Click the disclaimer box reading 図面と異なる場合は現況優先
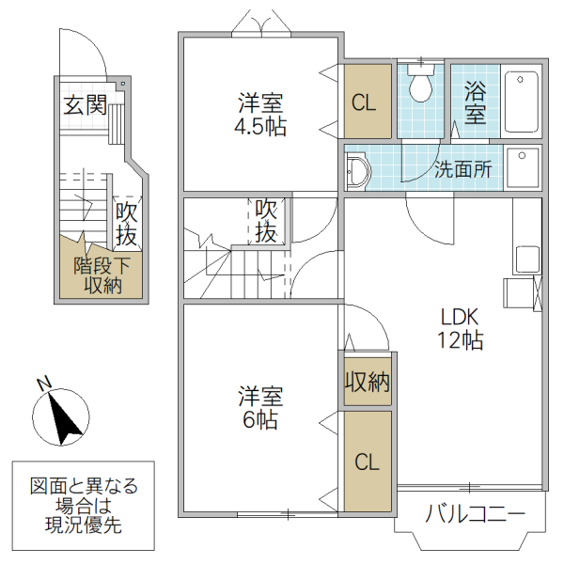[84, 506]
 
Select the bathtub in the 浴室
[521, 102]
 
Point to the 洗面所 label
[462, 171]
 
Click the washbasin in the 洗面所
[358, 172]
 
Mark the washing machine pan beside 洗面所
[523, 169]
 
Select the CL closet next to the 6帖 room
[367, 462]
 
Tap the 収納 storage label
[367, 383]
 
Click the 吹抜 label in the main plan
[267, 219]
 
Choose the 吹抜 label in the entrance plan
[127, 225]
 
